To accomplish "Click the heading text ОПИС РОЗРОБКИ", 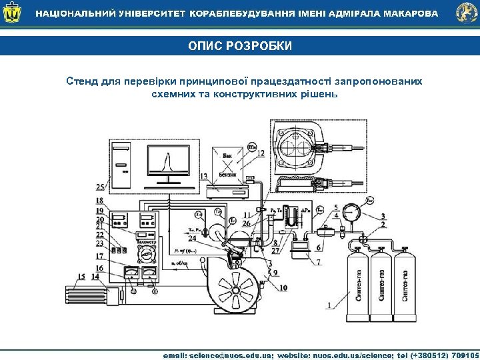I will pos(239,46).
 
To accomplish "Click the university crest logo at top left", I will pos(12,13).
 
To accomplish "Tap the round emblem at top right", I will pos(466,13).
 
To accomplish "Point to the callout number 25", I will pos(100,187).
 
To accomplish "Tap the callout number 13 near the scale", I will pos(203,176).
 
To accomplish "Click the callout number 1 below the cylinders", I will pos(329,305).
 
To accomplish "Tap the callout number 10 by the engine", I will pos(284,287).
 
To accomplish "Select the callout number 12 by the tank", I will pos(261,153).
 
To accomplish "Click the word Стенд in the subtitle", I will pos(81,81).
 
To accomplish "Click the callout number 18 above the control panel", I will pos(99,201).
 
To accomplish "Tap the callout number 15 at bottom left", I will pos(81,277).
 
